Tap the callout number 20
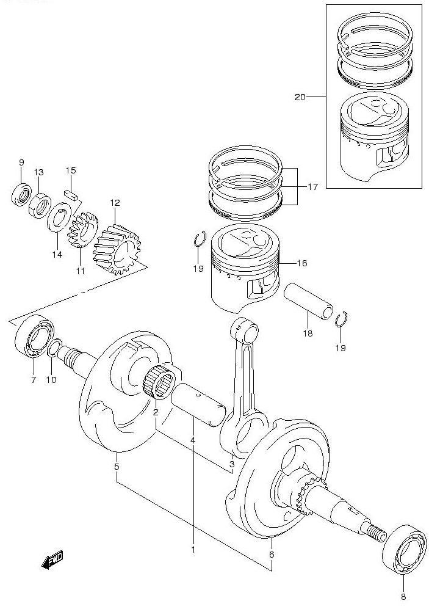(300, 97)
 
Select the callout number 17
(312, 188)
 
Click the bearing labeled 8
(404, 548)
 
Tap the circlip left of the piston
(199, 239)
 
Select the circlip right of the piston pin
(342, 319)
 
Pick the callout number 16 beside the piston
(301, 263)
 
